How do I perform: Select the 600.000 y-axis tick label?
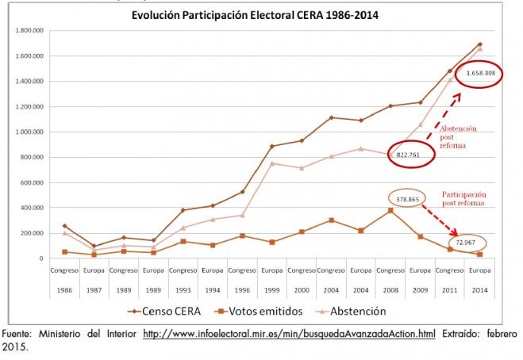tap(29, 182)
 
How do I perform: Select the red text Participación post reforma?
tap(464, 199)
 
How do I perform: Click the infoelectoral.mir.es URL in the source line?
tap(289, 334)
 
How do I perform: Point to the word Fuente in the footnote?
tap(17, 334)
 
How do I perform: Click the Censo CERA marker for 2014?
tap(480, 44)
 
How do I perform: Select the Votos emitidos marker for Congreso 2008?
tap(390, 210)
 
